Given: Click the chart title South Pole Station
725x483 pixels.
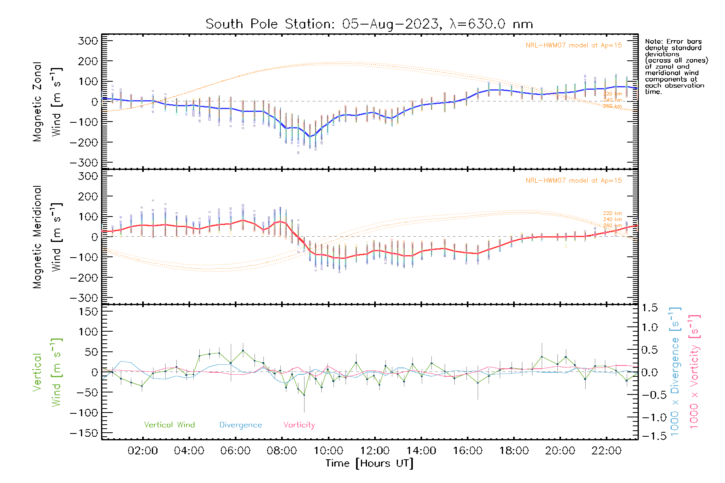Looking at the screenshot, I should pyautogui.click(x=369, y=24).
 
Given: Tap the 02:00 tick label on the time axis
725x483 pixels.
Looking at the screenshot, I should pyautogui.click(x=143, y=451).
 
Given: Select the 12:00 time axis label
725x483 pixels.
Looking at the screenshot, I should pyautogui.click(x=375, y=451).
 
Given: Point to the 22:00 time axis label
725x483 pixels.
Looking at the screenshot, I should pyautogui.click(x=607, y=451).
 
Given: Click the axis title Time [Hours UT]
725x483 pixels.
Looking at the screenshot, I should pyautogui.click(x=369, y=463).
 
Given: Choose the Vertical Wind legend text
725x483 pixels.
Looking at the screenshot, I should pyautogui.click(x=169, y=425).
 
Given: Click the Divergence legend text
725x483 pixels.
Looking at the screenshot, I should pyautogui.click(x=240, y=425).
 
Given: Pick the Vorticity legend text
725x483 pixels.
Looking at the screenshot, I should pyautogui.click(x=299, y=425).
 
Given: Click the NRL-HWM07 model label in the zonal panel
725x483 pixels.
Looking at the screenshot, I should pyautogui.click(x=574, y=45).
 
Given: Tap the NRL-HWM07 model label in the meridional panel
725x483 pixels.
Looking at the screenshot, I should pyautogui.click(x=574, y=181).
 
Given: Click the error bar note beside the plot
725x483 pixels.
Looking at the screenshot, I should pyautogui.click(x=676, y=66).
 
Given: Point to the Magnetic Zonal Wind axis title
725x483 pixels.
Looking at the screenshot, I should pyautogui.click(x=48, y=101).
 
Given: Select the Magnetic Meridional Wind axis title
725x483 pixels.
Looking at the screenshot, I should pyautogui.click(x=48, y=237).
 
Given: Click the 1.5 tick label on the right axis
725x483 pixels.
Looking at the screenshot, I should pyautogui.click(x=649, y=308).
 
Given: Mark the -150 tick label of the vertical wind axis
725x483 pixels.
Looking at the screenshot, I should pyautogui.click(x=84, y=433).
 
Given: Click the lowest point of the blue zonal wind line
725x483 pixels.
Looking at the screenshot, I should pyautogui.click(x=310, y=137).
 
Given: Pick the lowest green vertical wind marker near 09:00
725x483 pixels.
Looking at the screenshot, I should pyautogui.click(x=304, y=395).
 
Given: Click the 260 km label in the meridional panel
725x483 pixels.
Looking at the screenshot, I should pyautogui.click(x=612, y=226).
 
